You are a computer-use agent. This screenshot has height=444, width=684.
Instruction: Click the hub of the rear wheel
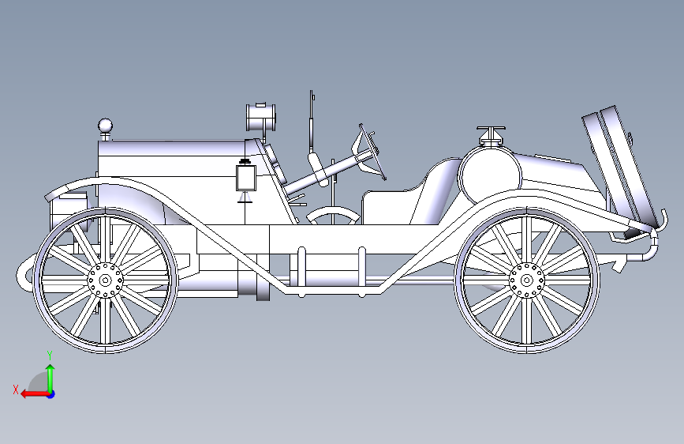click(x=525, y=278)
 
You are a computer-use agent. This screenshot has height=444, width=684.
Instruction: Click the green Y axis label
click(x=49, y=355)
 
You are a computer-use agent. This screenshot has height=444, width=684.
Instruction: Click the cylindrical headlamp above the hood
click(x=262, y=118)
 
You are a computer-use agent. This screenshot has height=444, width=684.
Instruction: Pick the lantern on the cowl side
click(x=246, y=177)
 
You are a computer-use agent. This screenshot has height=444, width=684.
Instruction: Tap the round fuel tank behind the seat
click(x=490, y=177)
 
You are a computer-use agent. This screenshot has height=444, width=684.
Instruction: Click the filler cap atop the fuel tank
click(x=490, y=134)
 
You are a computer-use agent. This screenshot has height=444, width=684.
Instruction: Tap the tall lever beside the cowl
click(x=312, y=126)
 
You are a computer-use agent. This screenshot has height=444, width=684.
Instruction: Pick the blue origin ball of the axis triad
click(x=50, y=393)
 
